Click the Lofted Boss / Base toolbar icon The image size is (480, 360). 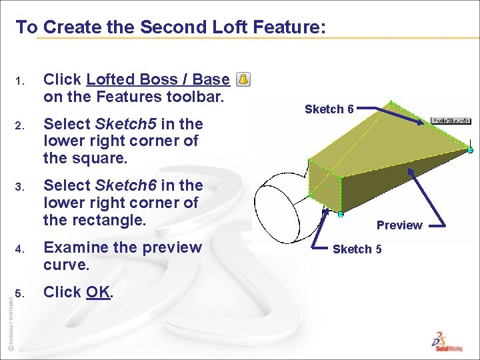[x=243, y=80]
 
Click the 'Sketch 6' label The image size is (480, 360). [x=329, y=109]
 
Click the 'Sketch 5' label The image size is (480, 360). [x=357, y=249]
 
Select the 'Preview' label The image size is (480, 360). [x=399, y=225]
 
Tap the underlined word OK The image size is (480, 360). [x=99, y=292]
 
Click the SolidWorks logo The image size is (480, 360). [x=447, y=339]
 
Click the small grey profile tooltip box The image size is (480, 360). [x=451, y=121]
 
